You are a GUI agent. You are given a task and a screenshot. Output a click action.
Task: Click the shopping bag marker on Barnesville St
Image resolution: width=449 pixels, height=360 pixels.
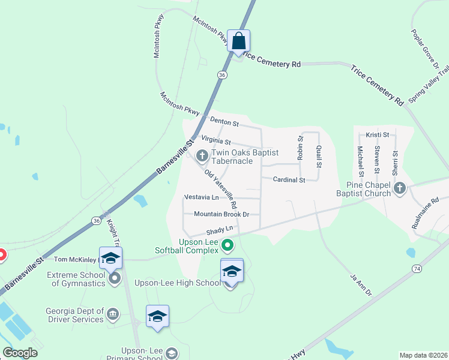(x=238, y=42)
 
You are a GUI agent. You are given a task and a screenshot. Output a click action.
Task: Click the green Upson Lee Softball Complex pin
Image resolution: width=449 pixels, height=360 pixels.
(x=228, y=245)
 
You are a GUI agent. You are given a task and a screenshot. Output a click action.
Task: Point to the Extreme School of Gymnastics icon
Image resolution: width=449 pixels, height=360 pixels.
(x=115, y=278)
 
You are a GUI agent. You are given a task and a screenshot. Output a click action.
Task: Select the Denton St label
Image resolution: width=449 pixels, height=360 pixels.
(x=224, y=123)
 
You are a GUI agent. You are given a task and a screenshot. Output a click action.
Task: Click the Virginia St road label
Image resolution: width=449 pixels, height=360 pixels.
(x=216, y=141)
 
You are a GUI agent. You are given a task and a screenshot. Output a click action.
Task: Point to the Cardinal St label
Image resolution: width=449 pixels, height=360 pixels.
(x=289, y=179)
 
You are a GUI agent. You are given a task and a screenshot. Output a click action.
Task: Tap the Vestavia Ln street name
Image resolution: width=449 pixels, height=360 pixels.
(x=201, y=197)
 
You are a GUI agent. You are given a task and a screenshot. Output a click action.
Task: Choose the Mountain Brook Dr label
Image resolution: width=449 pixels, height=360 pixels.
(x=221, y=214)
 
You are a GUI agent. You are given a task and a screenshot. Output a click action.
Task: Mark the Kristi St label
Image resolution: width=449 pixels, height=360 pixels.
(x=378, y=135)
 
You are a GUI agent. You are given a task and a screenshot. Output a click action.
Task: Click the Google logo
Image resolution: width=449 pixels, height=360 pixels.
(x=20, y=353)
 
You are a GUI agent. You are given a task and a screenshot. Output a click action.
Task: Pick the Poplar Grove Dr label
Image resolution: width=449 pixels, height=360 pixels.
(x=426, y=48)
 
